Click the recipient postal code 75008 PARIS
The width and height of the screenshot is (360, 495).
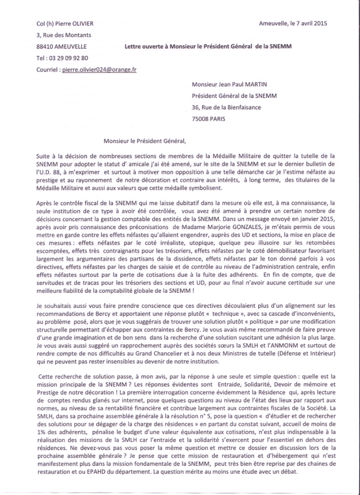209,119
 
